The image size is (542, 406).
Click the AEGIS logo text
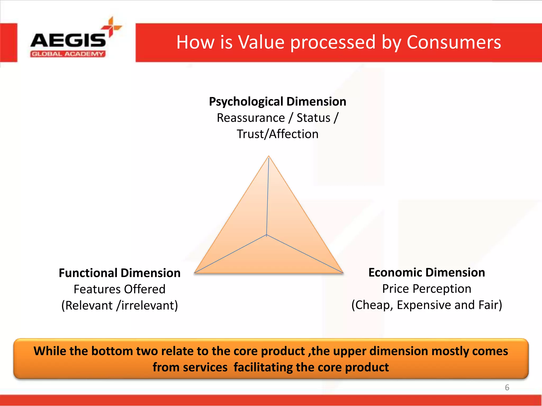[x=68, y=40]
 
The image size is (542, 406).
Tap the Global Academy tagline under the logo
[x=68, y=54]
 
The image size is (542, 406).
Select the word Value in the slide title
[x=261, y=42]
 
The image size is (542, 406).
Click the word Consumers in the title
[x=454, y=42]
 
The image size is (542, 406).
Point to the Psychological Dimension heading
[x=277, y=101]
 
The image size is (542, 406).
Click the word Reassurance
[x=251, y=118]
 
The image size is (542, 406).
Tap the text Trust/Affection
[x=277, y=134]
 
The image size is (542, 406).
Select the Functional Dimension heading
[x=120, y=273]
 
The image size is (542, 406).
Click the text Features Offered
[x=120, y=289]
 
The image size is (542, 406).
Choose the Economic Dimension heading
[x=427, y=272]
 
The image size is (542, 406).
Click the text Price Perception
[x=427, y=289]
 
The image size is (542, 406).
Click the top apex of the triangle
[x=269, y=156]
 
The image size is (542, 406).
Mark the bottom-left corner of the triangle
[x=195, y=273]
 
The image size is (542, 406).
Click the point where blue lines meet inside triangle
[x=267, y=235]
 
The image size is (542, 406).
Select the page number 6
[x=507, y=387]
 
